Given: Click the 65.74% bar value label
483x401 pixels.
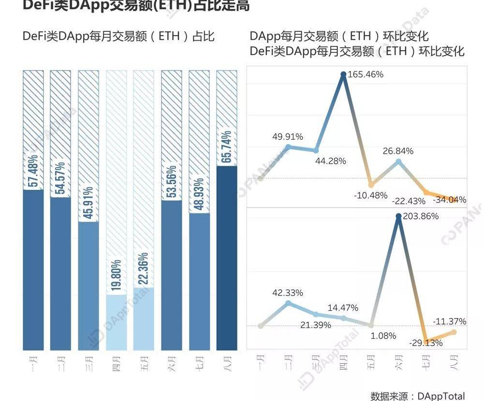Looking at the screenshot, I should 227,147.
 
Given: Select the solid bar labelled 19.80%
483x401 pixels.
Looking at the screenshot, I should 116,322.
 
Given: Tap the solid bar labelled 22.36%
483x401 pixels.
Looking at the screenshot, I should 144,319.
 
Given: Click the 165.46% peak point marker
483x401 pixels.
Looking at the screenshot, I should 343,74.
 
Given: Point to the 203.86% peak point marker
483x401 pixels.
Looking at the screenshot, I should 398,216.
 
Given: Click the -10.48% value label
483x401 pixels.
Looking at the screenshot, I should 371,195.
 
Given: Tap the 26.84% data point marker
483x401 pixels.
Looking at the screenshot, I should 398,162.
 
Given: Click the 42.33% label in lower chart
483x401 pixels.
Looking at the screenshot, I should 287,293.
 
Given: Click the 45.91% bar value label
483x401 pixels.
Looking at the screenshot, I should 88,202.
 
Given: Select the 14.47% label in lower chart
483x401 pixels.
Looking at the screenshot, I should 342,308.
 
